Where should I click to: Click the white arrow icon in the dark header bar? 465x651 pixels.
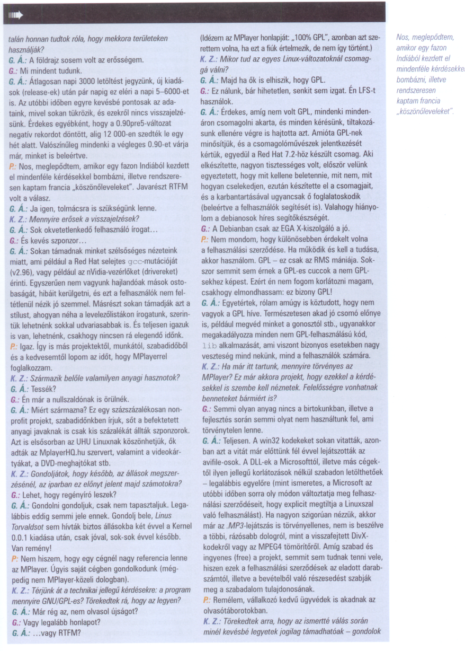16,16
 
